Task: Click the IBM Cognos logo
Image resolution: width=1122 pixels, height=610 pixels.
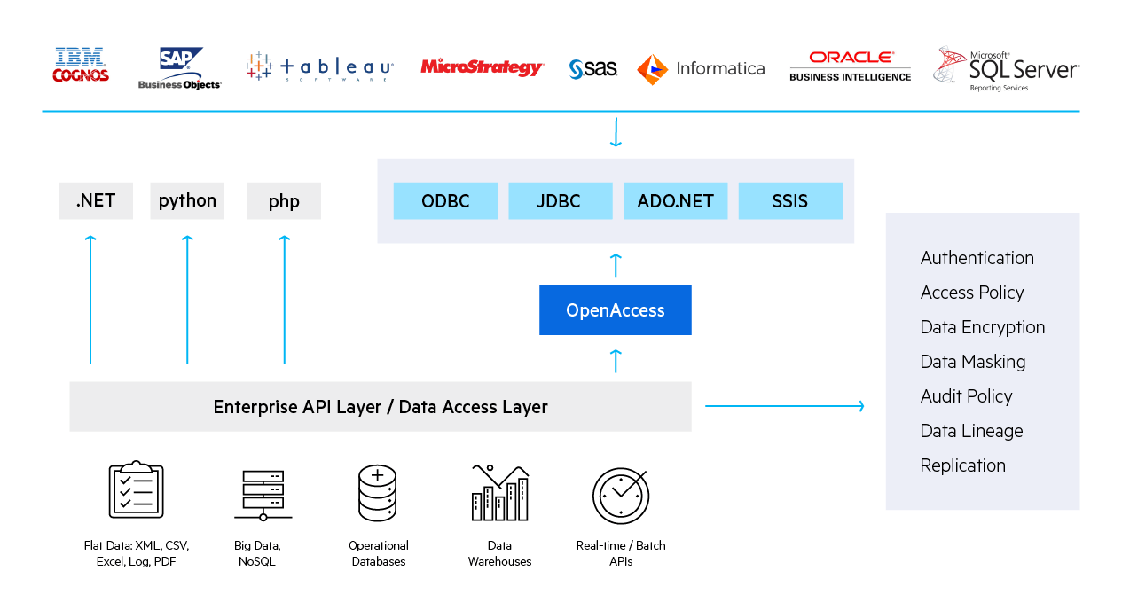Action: tap(81, 66)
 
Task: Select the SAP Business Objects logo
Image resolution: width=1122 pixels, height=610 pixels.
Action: tap(180, 68)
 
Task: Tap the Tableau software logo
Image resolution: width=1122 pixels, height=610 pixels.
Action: tap(319, 67)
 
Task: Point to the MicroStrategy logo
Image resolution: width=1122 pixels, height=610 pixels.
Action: tap(482, 67)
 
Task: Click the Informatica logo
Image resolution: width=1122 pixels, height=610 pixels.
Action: tap(701, 68)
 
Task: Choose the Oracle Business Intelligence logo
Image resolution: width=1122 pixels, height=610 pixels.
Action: tap(850, 66)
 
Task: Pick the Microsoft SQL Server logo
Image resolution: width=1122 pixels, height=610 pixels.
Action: tap(1006, 69)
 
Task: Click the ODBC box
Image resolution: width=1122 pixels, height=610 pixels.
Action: tap(445, 201)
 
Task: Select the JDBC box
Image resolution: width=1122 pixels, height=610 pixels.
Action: tap(560, 201)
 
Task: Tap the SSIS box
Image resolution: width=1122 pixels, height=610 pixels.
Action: tap(789, 201)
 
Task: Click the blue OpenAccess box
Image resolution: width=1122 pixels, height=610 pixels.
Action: tap(615, 310)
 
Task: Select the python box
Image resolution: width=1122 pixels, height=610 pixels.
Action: tap(187, 201)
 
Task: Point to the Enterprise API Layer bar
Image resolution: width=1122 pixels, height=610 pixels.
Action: tap(380, 407)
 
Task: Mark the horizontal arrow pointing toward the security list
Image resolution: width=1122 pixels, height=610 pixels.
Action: tap(784, 406)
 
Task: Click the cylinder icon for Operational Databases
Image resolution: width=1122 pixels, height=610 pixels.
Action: tap(378, 493)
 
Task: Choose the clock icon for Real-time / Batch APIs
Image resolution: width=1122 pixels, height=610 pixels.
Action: tap(621, 495)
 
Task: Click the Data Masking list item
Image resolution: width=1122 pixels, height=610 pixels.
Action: tap(972, 362)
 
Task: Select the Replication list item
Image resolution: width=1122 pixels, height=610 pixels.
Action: tap(962, 465)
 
